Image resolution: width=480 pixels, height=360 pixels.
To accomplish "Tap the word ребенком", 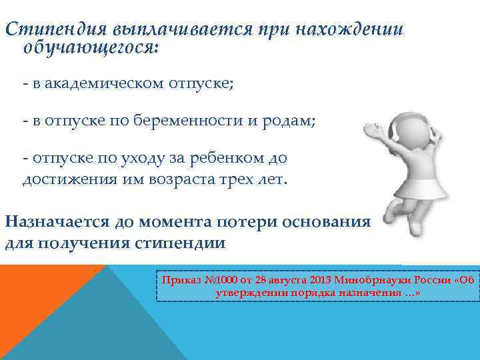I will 222,158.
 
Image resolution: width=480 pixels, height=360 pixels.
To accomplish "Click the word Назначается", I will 59,222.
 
